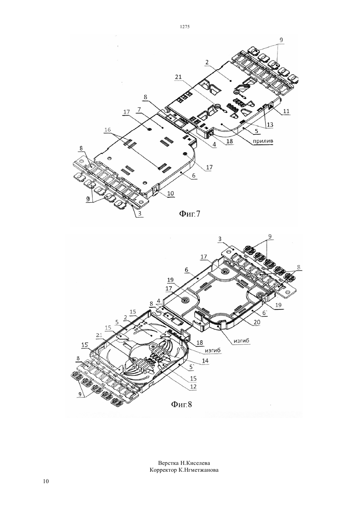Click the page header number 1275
tap(185, 27)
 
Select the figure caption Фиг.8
tap(181, 404)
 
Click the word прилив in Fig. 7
tap(263, 141)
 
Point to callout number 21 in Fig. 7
tap(178, 77)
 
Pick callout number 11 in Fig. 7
tap(286, 111)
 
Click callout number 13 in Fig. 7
tap(270, 125)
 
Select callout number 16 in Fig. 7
tap(108, 130)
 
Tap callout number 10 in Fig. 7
tap(171, 193)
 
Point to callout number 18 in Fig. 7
tap(230, 141)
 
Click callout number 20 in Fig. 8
tap(257, 322)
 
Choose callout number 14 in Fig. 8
tap(205, 360)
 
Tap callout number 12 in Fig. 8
tap(193, 387)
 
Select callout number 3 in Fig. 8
tap(220, 239)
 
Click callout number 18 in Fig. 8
tap(200, 342)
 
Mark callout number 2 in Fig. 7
tap(207, 62)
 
